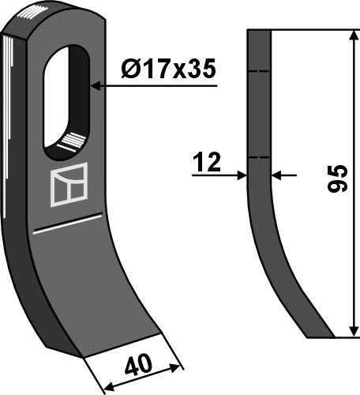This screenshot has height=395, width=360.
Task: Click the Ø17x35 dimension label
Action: pyautogui.click(x=168, y=69)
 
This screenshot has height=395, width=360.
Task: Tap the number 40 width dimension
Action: pyautogui.click(x=139, y=365)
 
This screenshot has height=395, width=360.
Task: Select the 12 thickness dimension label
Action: pyautogui.click(x=207, y=162)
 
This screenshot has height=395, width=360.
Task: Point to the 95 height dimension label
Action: pyautogui.click(x=338, y=179)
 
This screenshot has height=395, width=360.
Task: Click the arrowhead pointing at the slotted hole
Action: pyautogui.click(x=96, y=86)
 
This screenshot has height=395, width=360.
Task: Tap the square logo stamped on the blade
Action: pyautogui.click(x=69, y=185)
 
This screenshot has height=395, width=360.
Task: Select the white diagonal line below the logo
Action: pyautogui.click(x=67, y=224)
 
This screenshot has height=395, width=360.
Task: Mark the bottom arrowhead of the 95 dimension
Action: pyautogui.click(x=354, y=331)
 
